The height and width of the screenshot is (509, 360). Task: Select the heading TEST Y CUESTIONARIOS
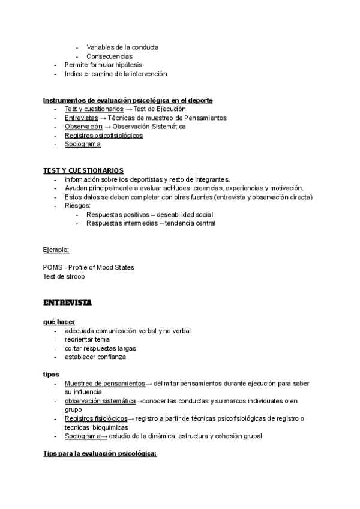pos(83,171)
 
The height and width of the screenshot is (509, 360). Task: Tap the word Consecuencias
pos(109,56)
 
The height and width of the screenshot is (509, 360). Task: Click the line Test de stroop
pos(64,276)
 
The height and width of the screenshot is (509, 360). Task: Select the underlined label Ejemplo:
pos(56,249)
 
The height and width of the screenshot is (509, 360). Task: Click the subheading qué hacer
pos(59,322)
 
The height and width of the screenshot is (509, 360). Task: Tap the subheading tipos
pos(51,374)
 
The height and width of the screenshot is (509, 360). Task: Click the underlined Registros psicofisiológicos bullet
pos(103,136)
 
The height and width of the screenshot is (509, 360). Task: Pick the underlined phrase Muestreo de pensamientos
pos(104,383)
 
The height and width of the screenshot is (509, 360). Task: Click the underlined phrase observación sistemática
pos(100,401)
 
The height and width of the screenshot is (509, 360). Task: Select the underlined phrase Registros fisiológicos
pos(96,418)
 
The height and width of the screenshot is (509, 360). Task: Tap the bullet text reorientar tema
pos(87,339)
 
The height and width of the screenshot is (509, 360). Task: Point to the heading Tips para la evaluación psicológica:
pos(99,454)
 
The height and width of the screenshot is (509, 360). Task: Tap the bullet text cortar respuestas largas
pos(101,348)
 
